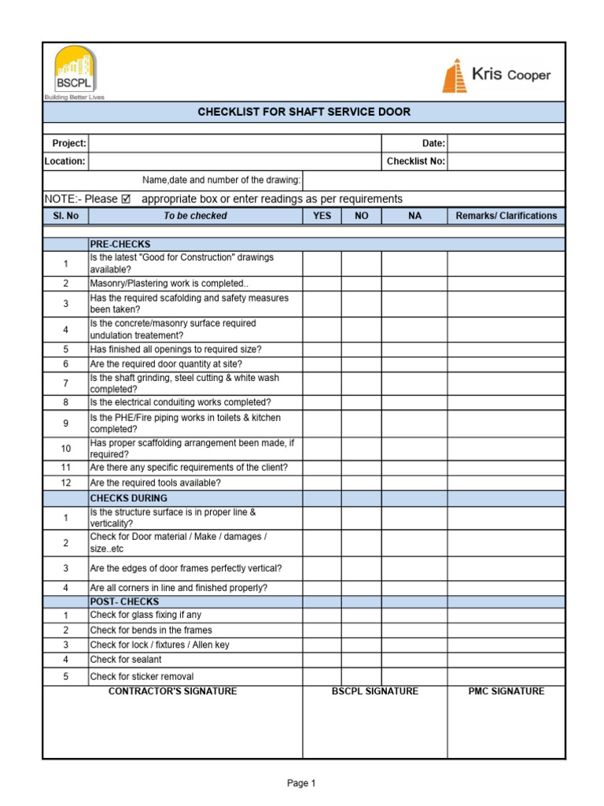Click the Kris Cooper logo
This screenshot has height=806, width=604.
click(496, 76)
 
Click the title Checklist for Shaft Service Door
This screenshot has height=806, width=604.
click(304, 112)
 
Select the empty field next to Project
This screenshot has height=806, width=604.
click(234, 143)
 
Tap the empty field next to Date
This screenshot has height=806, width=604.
click(506, 143)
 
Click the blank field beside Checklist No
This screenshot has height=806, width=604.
click(506, 161)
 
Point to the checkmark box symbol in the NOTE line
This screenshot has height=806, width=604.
click(127, 199)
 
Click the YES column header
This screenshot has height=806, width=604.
click(322, 216)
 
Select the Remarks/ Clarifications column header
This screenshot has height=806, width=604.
click(506, 216)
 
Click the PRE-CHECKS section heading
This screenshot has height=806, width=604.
click(120, 244)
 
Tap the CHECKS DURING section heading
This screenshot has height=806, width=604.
click(128, 498)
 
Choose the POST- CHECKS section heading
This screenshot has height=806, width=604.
click(124, 601)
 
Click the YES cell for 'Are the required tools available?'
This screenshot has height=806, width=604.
click(322, 482)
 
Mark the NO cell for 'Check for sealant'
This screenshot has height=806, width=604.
click(361, 660)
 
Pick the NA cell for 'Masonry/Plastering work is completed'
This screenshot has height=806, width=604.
click(414, 283)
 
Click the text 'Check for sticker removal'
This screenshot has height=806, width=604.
click(142, 677)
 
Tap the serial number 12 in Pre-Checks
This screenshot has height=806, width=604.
click(66, 482)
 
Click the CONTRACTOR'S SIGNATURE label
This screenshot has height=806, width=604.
click(172, 691)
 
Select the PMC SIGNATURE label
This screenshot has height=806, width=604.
click(506, 691)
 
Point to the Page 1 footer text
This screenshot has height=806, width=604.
click(301, 783)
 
